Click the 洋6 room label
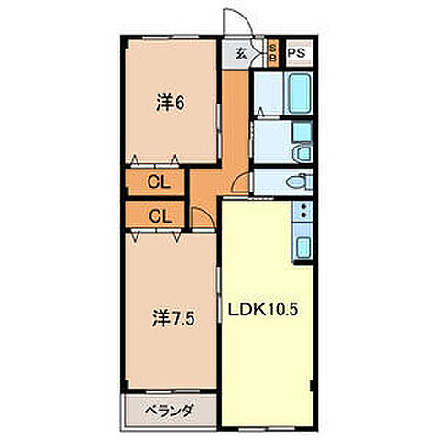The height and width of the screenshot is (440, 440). click(170, 104)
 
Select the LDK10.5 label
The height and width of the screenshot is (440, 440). click(266, 309)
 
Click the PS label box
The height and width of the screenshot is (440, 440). click(297, 53)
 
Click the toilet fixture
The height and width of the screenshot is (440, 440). click(297, 182)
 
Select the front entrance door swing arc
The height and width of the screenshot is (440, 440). click(236, 26)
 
